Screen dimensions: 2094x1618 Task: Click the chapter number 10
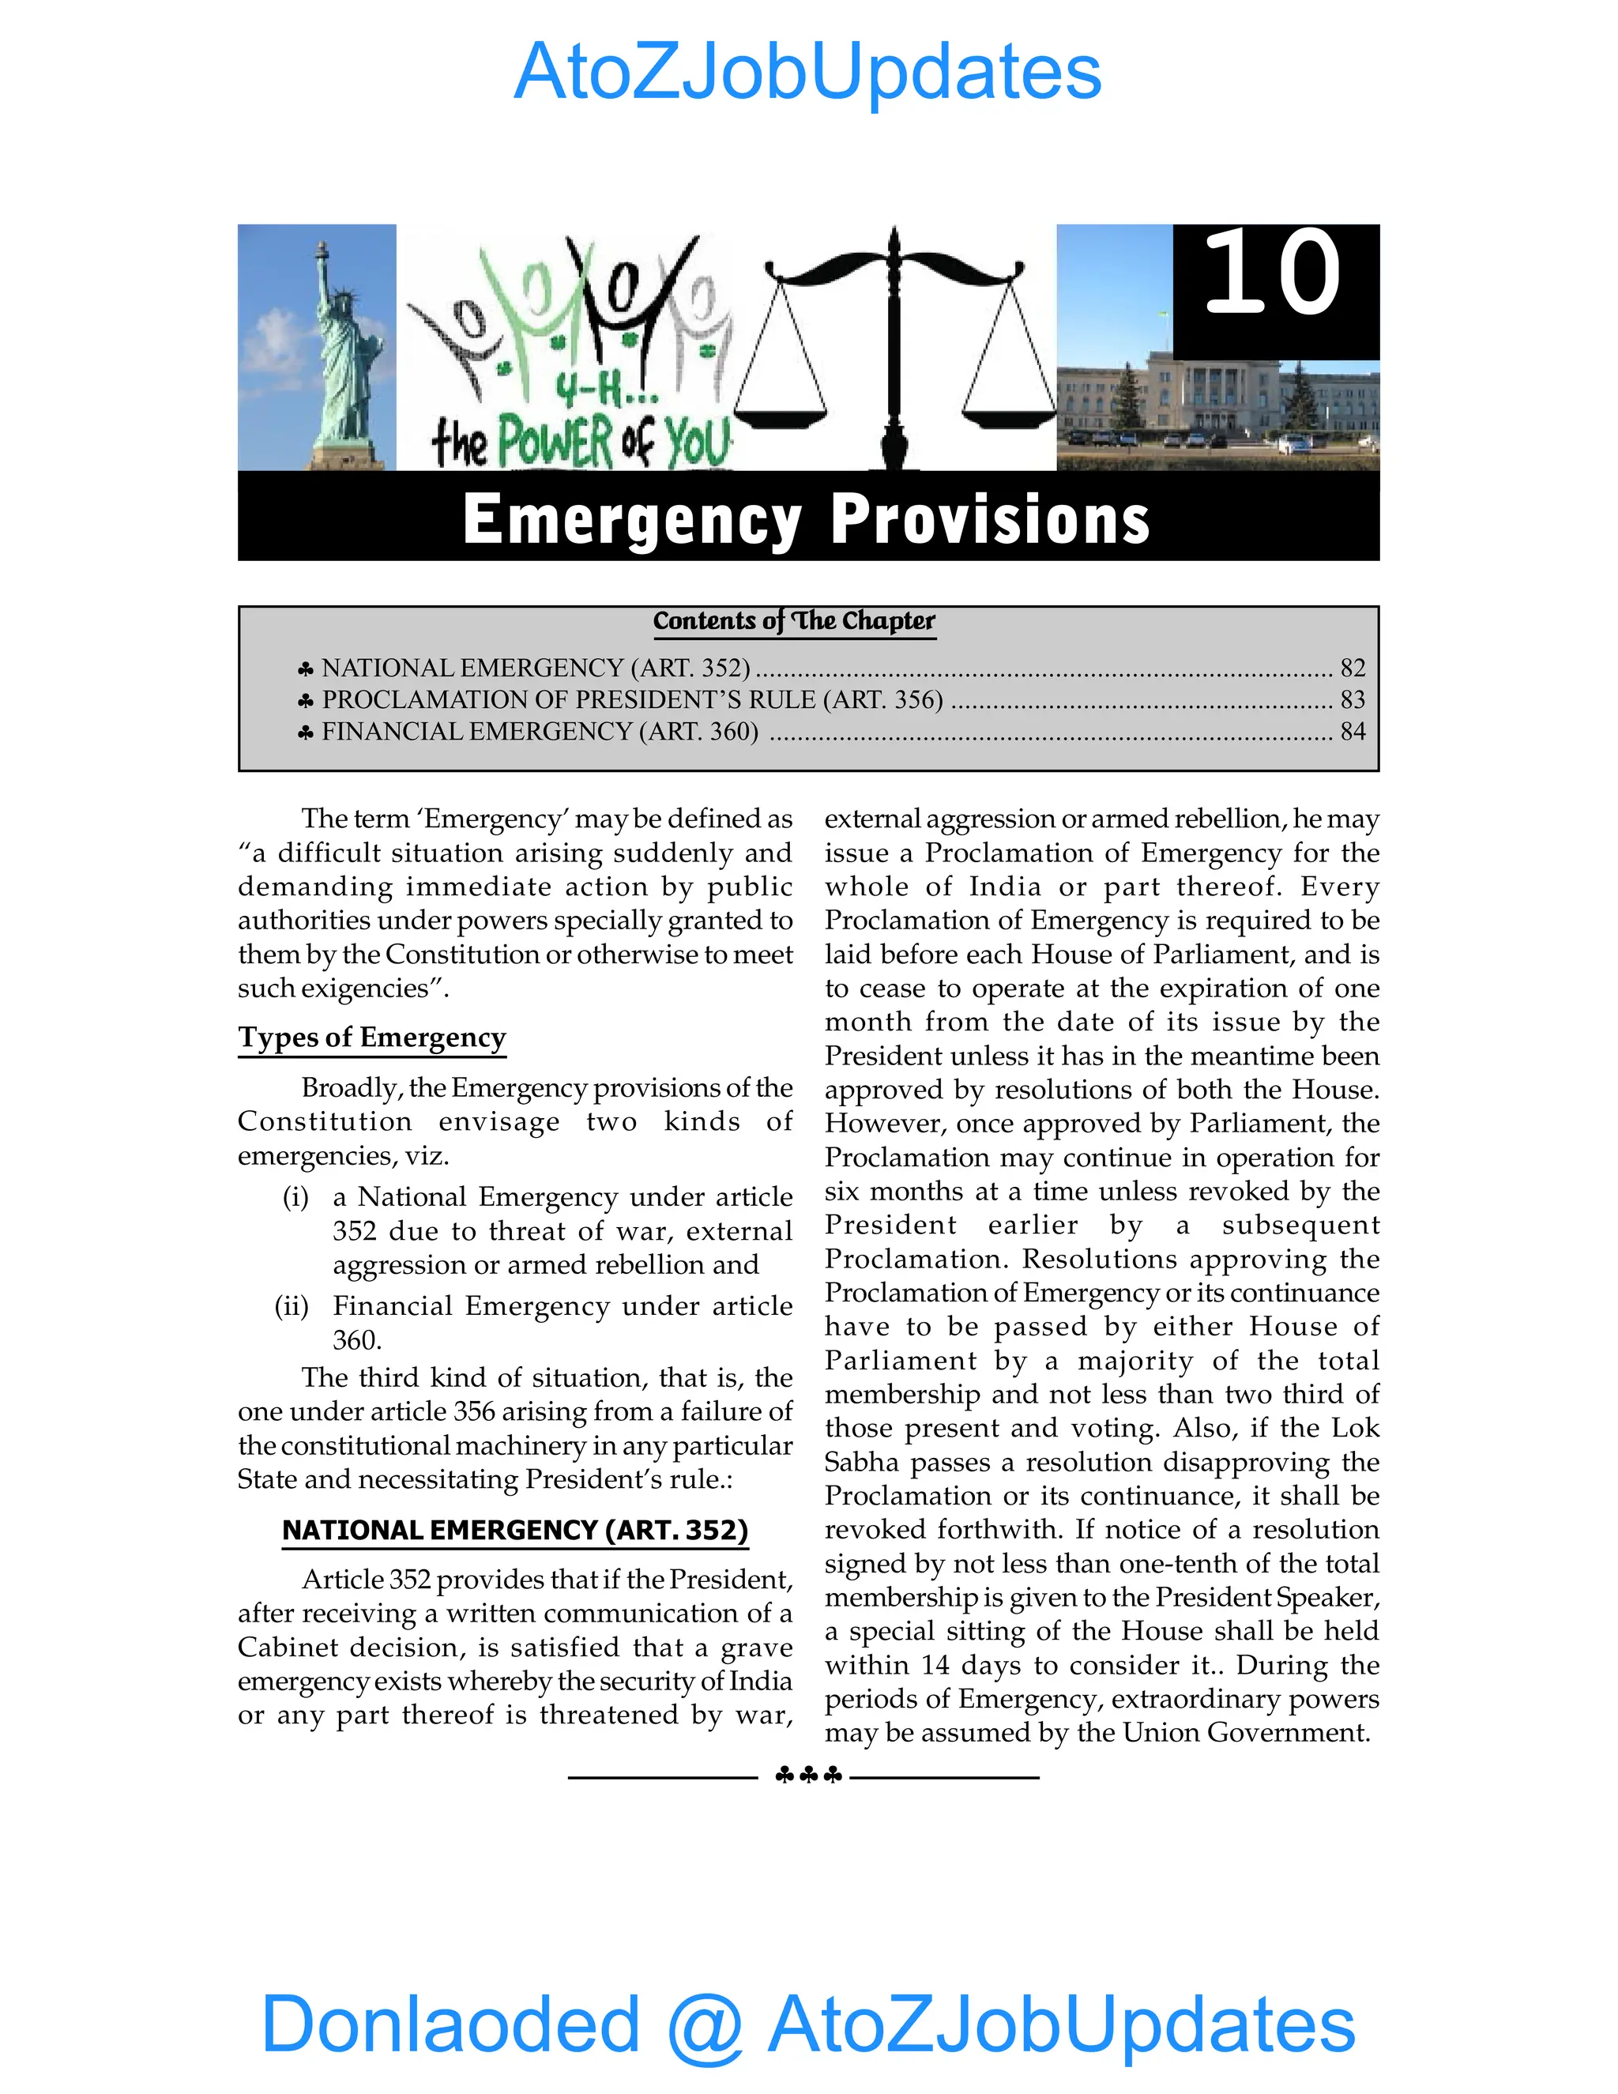coord(1273,275)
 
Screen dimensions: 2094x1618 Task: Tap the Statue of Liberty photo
coord(318,347)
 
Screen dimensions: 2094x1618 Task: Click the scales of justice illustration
coord(894,347)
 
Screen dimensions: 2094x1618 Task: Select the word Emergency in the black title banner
coord(632,520)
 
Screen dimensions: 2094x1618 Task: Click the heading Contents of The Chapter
coord(794,621)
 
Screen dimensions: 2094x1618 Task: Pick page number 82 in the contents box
coord(1353,668)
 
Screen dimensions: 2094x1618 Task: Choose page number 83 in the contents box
coord(1353,699)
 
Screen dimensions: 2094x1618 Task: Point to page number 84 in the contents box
coord(1353,732)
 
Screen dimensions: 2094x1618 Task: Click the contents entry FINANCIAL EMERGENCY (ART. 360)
coord(540,732)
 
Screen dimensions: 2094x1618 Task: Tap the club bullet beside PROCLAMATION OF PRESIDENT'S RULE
coord(306,701)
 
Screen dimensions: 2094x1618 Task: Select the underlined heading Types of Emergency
coord(372,1038)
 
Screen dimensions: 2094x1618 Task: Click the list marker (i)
coord(295,1197)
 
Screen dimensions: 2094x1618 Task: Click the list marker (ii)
coord(292,1307)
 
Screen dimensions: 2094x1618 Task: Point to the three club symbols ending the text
coord(808,1776)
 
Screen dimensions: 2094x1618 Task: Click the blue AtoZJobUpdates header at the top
coord(808,72)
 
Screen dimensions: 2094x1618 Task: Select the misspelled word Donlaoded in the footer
coord(450,2023)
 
